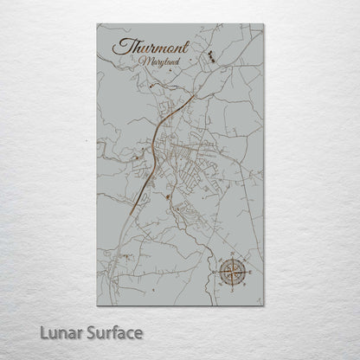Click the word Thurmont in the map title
(x=150, y=48)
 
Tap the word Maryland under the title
(x=157, y=63)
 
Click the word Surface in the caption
(x=119, y=332)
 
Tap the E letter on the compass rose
(x=252, y=274)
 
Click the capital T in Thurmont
(x=120, y=47)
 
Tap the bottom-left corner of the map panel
(x=97, y=305)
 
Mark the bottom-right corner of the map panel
(x=263, y=305)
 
